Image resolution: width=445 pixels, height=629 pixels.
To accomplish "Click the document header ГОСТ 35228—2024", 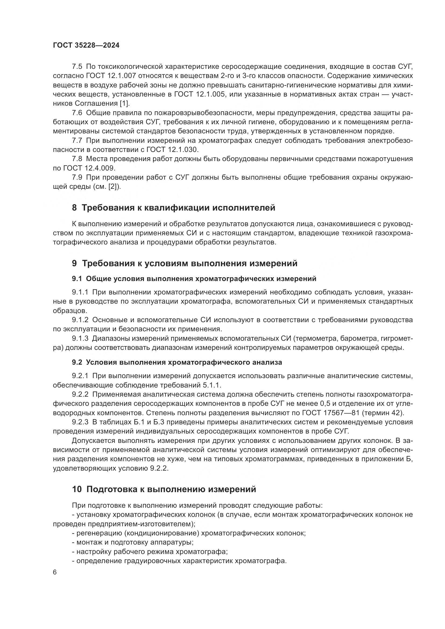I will tap(86, 45).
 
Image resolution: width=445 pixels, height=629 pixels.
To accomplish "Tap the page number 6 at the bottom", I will tap(55, 573).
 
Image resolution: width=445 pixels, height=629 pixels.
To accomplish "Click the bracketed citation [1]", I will tap(124, 104).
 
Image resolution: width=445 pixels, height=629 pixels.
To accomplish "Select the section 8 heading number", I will tap(74, 208).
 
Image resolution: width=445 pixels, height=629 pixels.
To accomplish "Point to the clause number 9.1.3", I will tap(80, 339).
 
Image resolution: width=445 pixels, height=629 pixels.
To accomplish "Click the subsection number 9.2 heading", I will tap(77, 363).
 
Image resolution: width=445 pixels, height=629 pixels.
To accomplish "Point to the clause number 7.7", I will tap(77, 141).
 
